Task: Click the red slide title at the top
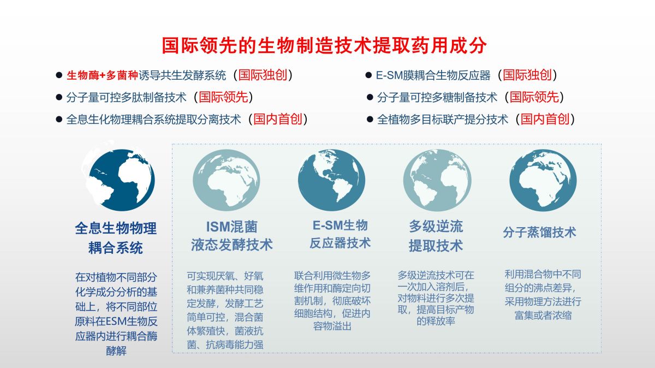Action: (324, 46)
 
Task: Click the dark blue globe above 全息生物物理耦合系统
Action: (121, 180)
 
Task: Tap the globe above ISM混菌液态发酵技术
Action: (227, 180)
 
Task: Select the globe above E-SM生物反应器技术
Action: (332, 180)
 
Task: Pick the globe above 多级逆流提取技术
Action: (437, 180)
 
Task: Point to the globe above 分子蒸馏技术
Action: (543, 180)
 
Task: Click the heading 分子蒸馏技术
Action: (539, 233)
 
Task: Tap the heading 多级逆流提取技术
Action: (436, 236)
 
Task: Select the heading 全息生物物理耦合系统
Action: (116, 238)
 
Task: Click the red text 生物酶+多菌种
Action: (103, 75)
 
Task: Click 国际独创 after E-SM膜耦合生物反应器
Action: (527, 75)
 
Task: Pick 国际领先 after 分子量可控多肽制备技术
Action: (223, 97)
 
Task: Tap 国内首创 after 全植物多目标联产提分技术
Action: (545, 119)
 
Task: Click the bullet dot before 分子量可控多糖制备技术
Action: (370, 97)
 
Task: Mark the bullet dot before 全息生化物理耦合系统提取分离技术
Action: (59, 120)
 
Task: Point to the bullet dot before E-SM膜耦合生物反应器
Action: (369, 75)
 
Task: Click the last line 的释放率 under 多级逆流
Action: (436, 321)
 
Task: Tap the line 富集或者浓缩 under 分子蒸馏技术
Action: (543, 316)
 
